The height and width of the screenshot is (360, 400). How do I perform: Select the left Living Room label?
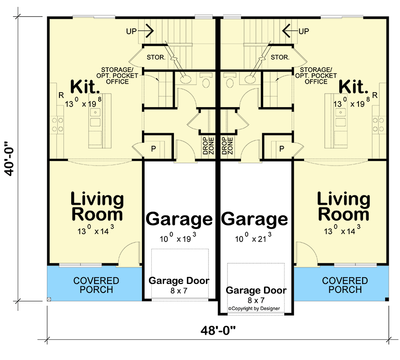(97, 206)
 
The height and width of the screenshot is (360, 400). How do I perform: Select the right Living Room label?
(343, 206)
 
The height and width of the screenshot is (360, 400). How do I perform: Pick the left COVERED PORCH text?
(96, 285)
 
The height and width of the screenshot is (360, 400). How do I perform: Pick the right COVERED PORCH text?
(345, 285)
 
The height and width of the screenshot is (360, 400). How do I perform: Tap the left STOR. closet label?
(156, 58)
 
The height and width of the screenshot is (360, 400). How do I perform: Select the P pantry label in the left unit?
(153, 148)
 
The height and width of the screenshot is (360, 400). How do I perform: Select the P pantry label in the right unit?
(282, 148)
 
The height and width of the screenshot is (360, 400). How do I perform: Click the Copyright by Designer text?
(254, 308)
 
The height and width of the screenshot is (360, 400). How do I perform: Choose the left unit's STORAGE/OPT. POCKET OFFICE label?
(117, 75)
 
